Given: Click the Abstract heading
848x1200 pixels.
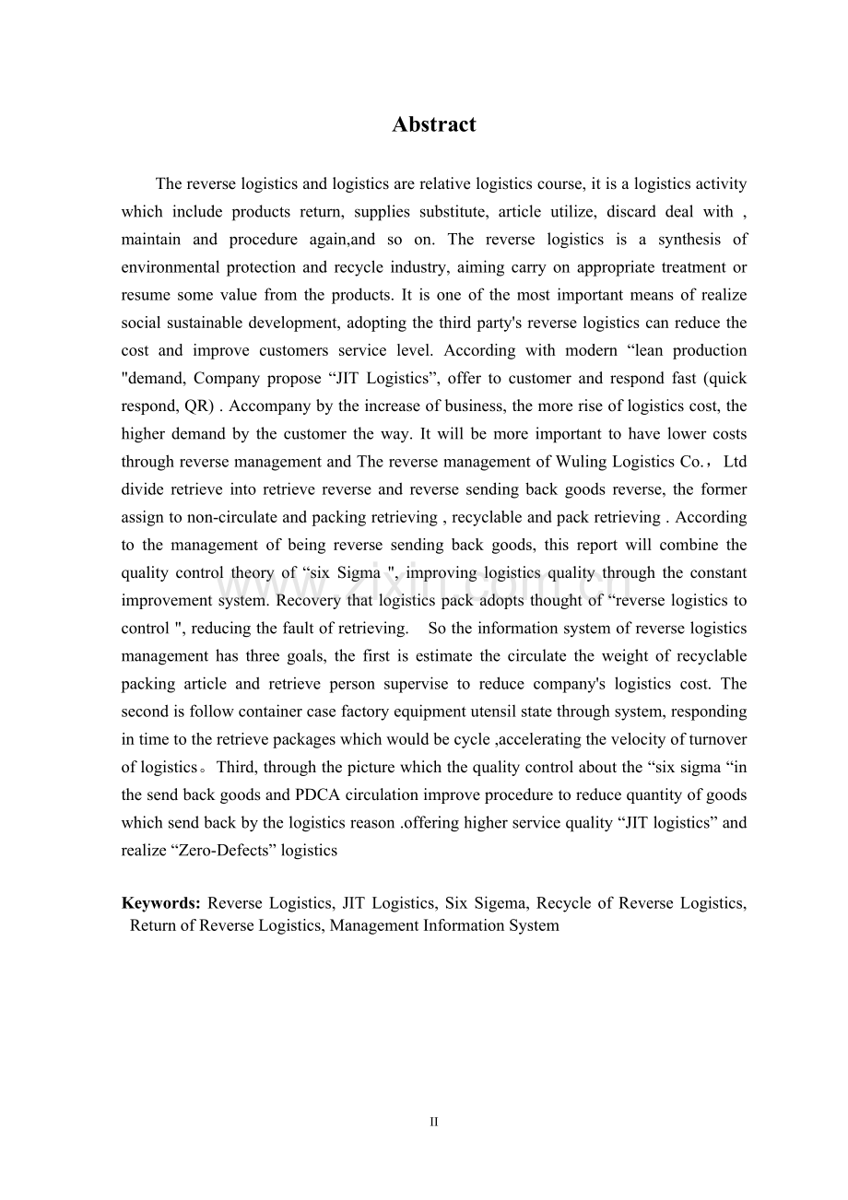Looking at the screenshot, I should point(433,124).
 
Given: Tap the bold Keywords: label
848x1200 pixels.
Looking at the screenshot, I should point(161,903).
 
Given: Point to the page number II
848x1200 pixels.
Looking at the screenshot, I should point(434,1122).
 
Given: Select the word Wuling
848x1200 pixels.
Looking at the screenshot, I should point(579,462).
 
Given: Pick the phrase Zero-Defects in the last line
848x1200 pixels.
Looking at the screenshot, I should point(204,851).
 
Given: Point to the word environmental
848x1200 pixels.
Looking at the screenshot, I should point(170,267).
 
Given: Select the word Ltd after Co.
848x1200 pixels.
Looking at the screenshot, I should point(735,462).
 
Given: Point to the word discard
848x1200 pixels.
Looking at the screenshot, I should point(631,212).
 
